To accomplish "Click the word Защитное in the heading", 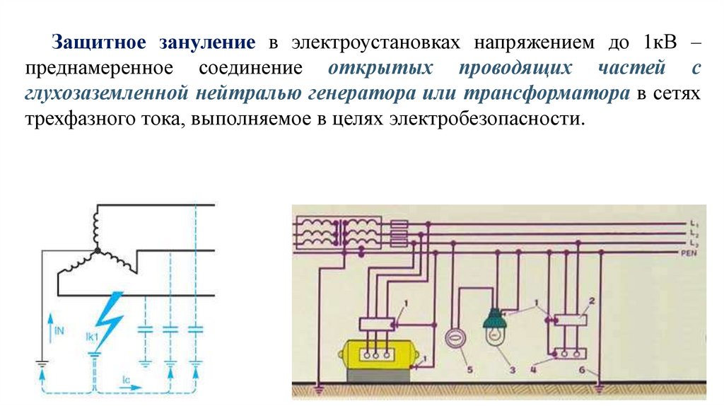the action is tap(99, 43).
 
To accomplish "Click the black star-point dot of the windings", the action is tap(95, 250).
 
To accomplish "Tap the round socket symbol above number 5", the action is tap(455, 340).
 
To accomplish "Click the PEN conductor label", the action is tap(689, 253).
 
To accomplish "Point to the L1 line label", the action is tap(694, 224).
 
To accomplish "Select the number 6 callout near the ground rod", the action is tap(582, 371).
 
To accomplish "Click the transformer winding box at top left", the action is tap(338, 232).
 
